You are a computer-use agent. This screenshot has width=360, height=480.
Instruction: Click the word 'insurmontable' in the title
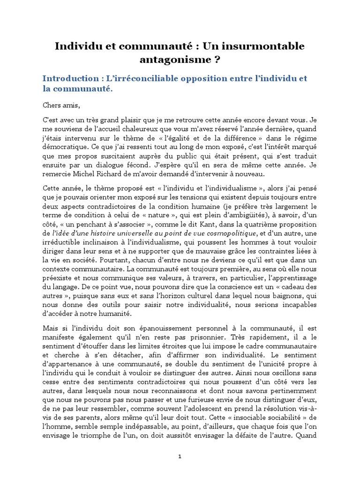point(264,46)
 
